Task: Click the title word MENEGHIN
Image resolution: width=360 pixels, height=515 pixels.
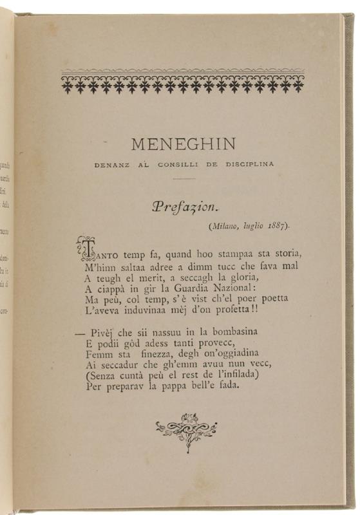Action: tap(182, 144)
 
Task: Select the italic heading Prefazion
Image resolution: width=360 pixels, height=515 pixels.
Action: tap(185, 207)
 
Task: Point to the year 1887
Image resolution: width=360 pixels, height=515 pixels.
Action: tap(275, 226)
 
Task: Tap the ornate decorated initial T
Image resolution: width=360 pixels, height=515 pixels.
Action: tap(86, 248)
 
